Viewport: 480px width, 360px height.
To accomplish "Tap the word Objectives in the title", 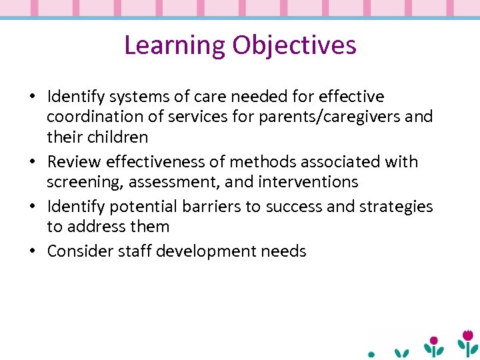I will (x=295, y=45).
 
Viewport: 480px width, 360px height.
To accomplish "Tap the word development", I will (x=213, y=251).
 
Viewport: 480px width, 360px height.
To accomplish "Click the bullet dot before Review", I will (x=33, y=163).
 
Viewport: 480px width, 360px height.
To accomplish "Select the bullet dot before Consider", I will (x=33, y=252).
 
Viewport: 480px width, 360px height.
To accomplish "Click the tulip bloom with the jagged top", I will (x=468, y=335).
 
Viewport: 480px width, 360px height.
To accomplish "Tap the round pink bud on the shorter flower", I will (x=434, y=341).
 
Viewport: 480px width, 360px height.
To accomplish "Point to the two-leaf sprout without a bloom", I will (x=402, y=353).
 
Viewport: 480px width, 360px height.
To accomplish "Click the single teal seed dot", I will (x=372, y=355).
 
